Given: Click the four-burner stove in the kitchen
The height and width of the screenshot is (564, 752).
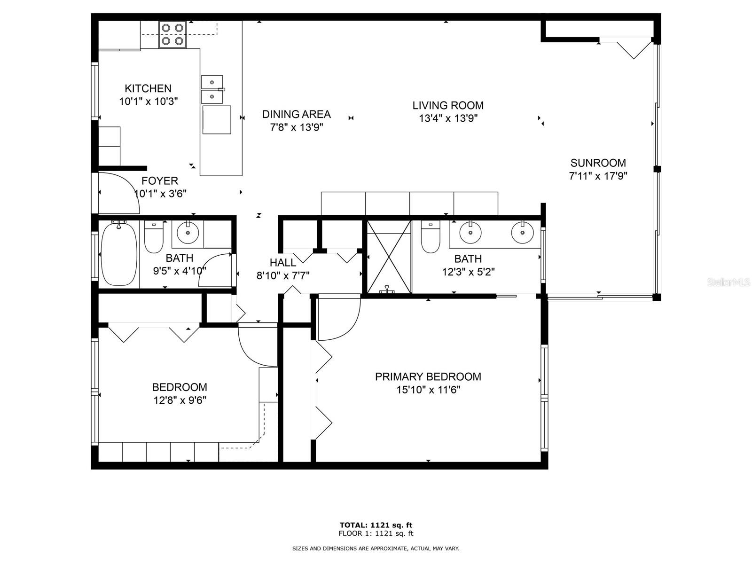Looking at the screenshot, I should click(172, 34).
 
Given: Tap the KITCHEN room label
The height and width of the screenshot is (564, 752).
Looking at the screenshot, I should click(148, 88).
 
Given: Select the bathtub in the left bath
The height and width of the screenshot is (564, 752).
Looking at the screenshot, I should click(119, 254).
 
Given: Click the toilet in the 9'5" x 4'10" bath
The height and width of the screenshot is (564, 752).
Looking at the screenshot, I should click(153, 239).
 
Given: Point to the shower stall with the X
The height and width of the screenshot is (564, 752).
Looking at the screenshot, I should click(389, 257).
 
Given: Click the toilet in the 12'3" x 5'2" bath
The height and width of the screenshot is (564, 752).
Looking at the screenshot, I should click(430, 238).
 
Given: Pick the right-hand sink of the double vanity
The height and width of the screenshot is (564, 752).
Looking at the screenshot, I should click(522, 232).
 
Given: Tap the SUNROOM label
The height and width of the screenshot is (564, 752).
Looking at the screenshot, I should click(598, 163).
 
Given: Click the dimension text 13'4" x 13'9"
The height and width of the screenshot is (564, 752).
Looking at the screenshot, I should click(448, 118).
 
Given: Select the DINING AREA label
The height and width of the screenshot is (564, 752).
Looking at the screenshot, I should click(296, 114).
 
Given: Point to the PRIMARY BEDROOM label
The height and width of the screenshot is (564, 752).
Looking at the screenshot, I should click(428, 376).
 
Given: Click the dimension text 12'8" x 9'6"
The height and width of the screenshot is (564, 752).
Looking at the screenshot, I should click(180, 400).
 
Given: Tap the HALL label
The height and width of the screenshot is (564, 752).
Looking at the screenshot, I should click(283, 263).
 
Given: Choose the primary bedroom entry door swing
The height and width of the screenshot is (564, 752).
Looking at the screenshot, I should click(337, 318).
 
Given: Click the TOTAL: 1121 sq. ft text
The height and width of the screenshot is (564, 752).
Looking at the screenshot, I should click(376, 525).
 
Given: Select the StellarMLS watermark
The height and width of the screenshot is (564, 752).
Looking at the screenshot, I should click(728, 282).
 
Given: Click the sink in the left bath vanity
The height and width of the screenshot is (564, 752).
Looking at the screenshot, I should click(188, 233).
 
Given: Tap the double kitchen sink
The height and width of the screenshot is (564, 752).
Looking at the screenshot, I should click(212, 89).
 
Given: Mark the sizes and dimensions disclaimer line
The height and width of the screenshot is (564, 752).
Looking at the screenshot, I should click(376, 548).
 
